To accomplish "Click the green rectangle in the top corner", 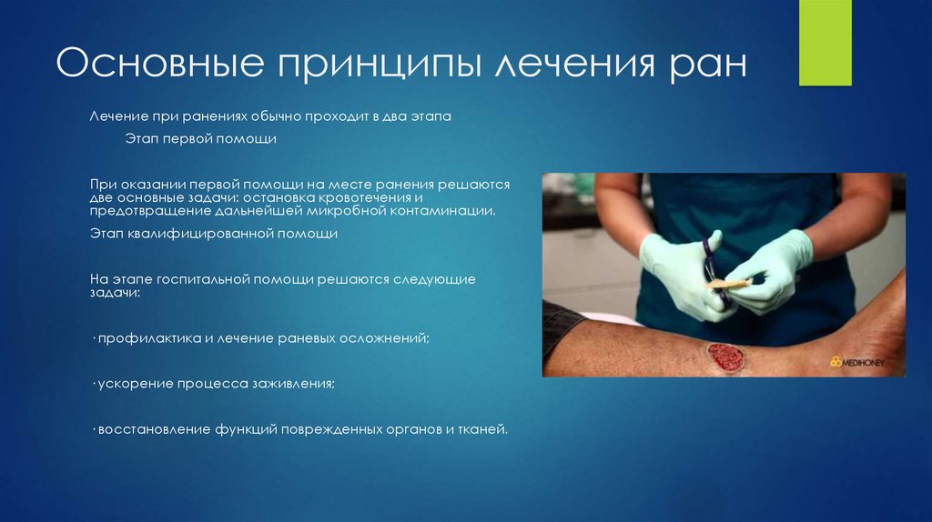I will (x=825, y=43).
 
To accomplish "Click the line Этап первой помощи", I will (x=199, y=139).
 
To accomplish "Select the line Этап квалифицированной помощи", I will (x=213, y=234).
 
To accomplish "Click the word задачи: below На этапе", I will (x=115, y=294).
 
